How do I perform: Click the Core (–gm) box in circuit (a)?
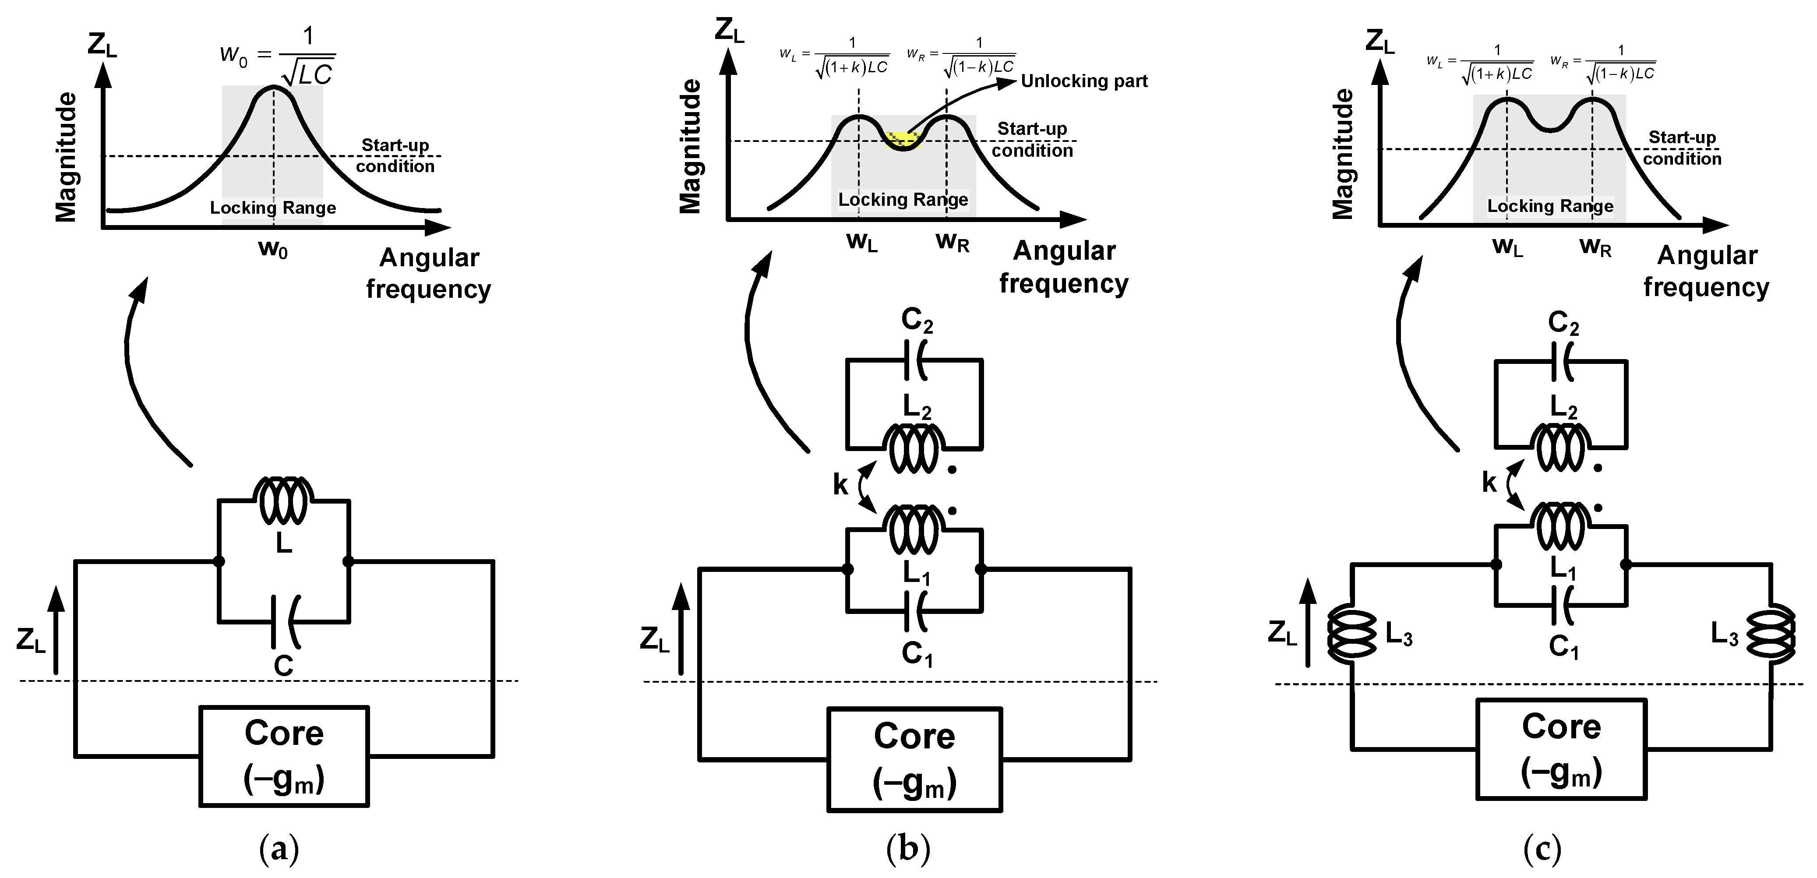click(x=283, y=756)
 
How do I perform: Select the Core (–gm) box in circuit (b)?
click(x=914, y=759)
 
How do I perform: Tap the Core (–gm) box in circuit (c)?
click(x=1561, y=749)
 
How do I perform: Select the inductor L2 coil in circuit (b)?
click(x=914, y=449)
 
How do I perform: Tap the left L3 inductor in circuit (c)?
click(x=1351, y=635)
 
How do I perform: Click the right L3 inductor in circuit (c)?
click(x=1771, y=635)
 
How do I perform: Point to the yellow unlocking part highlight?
click(x=901, y=138)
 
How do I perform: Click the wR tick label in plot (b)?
click(x=952, y=243)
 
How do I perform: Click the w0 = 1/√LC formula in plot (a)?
click(x=279, y=56)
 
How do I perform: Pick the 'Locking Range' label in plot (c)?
click(x=1550, y=206)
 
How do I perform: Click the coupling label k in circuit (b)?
click(x=840, y=484)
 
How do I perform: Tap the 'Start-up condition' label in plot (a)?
click(x=395, y=155)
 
